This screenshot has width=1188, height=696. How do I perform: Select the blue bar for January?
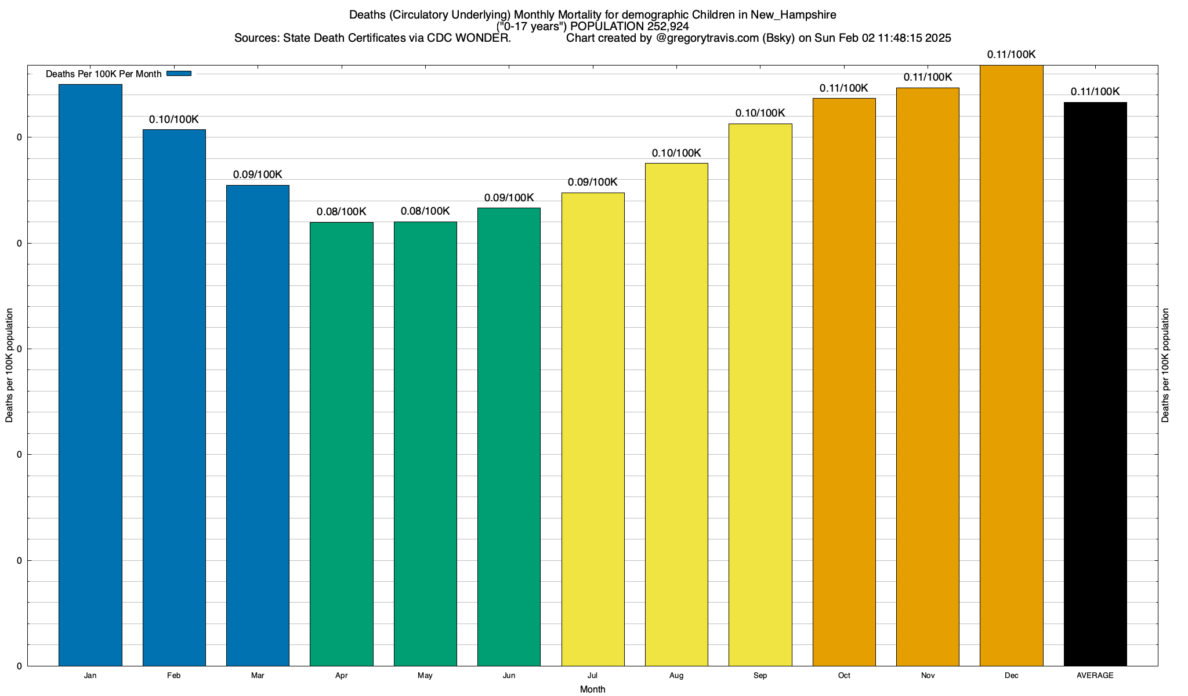[90, 375]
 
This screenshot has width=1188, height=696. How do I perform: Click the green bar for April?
[342, 444]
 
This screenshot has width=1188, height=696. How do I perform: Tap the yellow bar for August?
[676, 414]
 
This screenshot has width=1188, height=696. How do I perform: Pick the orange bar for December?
[1012, 365]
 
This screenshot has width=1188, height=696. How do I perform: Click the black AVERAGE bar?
[1095, 384]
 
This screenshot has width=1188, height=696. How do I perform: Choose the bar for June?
[509, 437]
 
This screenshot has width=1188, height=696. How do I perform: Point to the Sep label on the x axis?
[760, 675]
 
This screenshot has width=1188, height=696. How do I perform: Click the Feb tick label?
[174, 675]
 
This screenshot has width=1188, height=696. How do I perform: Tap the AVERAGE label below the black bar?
[1095, 675]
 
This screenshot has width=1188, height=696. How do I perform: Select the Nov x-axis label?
[928, 675]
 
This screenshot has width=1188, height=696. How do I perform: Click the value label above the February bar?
[174, 119]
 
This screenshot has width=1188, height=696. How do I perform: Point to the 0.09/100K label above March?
[258, 175]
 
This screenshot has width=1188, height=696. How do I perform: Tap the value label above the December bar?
[1011, 55]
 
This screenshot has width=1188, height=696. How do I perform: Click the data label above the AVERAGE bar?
[1095, 92]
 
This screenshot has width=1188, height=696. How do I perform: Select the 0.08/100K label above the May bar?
[425, 211]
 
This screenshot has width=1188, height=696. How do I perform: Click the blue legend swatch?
[179, 74]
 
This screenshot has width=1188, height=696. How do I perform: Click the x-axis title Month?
[592, 689]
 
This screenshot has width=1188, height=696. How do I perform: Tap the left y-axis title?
[9, 365]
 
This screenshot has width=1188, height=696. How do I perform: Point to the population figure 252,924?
[668, 26]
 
